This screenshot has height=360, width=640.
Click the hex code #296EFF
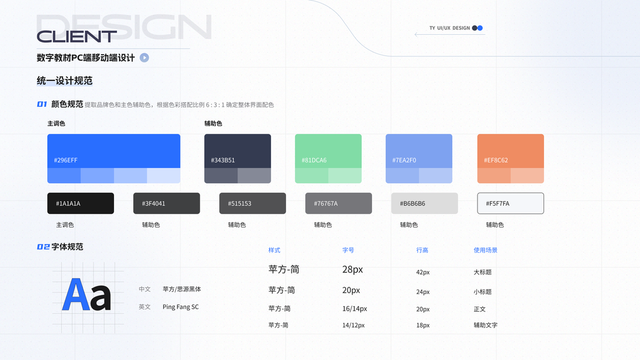coord(65,160)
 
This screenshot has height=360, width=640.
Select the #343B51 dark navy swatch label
coord(223,160)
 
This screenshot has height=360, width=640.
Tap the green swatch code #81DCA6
coord(314,160)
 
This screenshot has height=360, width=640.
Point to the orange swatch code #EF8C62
coord(495,160)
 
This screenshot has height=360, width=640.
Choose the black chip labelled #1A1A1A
coord(80,203)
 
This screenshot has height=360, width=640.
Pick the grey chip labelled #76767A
coord(338,203)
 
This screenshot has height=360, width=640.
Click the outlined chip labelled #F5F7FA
coord(510,203)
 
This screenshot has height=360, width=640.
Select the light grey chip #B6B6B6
coord(424,203)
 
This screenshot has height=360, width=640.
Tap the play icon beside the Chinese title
coord(145,58)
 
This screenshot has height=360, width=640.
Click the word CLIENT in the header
coord(77,37)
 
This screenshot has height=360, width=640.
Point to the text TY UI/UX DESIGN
coord(449,28)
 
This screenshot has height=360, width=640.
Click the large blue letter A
coord(76,295)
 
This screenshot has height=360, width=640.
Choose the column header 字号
coord(348,250)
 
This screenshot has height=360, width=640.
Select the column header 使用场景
coord(485,250)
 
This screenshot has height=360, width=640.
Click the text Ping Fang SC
coord(181,307)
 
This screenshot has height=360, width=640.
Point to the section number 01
coord(42,104)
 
